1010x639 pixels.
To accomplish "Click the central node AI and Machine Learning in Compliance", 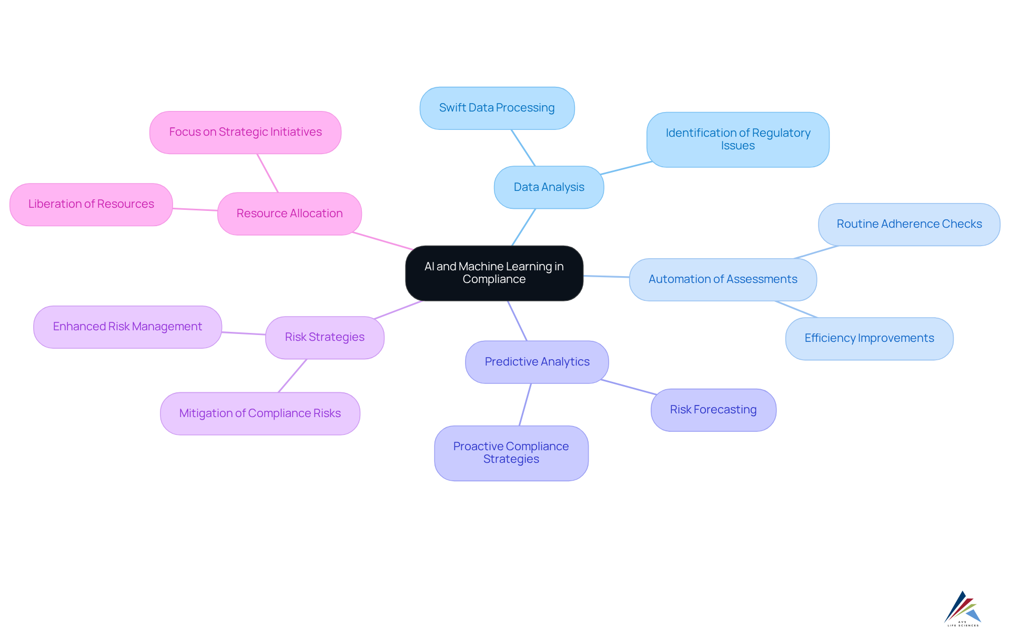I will (494, 273).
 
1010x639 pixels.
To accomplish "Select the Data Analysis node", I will (549, 187).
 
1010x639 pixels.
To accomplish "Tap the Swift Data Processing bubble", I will (497, 108).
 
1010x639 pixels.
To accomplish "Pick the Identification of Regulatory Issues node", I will (738, 139).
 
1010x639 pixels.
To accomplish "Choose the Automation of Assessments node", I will (723, 279).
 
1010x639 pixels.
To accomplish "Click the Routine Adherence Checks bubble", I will (908, 224).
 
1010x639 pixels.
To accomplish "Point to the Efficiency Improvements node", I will (869, 338).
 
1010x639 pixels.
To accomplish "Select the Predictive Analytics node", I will (537, 362).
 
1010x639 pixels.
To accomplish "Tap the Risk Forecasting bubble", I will (713, 410).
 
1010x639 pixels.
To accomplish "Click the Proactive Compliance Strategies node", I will (511, 453).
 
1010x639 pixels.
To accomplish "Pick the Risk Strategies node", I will (325, 337).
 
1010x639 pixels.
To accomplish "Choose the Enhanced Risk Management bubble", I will (127, 327).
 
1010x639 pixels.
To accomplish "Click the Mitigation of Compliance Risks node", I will (260, 413).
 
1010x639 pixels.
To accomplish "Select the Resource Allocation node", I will (289, 214).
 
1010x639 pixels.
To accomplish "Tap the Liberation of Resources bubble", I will (91, 204).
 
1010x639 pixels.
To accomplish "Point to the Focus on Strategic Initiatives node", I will (245, 132).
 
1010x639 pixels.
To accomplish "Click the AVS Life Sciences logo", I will (962, 608).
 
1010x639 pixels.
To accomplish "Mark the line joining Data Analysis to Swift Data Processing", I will (523, 148).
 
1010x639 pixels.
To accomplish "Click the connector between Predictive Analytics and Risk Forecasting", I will (629, 387).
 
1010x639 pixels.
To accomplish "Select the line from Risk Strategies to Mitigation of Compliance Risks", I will (292, 376).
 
